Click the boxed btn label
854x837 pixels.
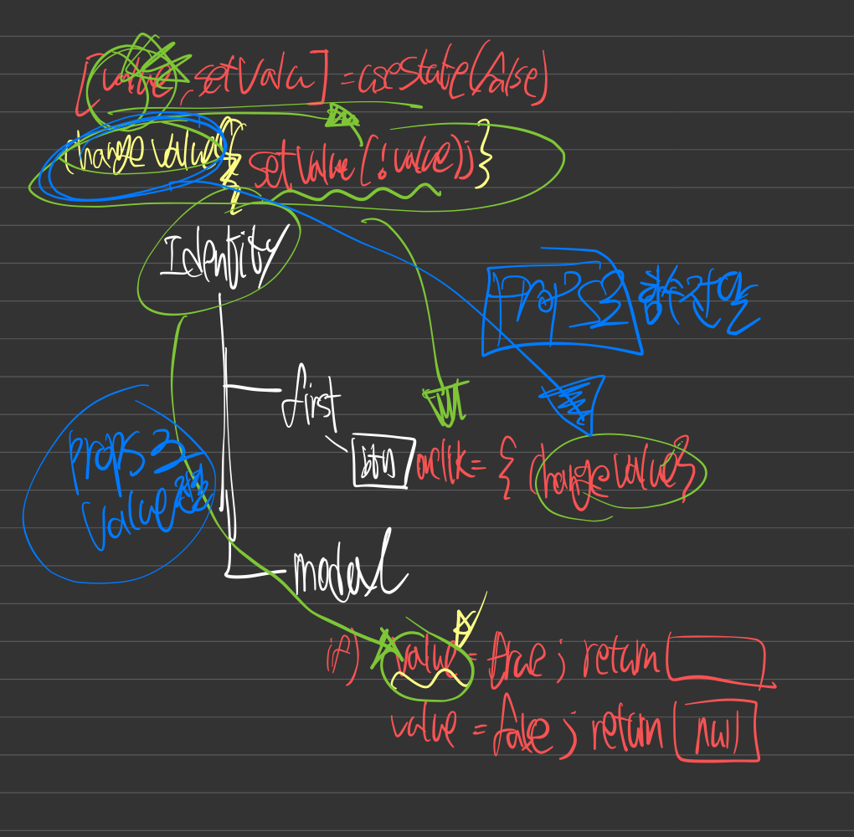tap(383, 460)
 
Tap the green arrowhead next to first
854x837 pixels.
tap(444, 403)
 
